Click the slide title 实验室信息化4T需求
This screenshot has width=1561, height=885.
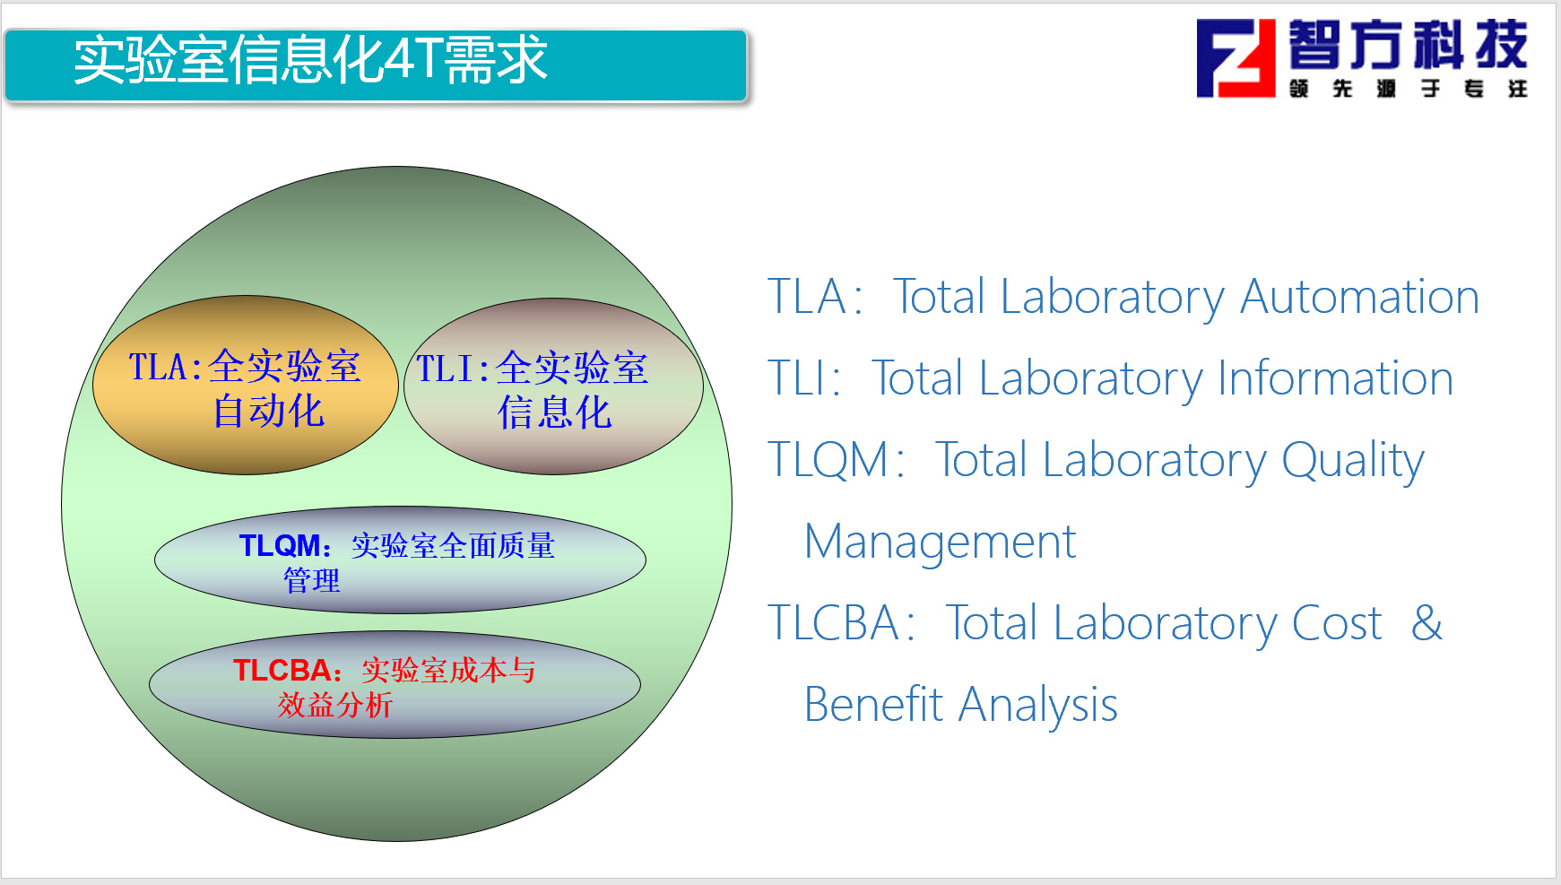point(310,60)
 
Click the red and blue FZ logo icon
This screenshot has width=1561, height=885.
point(1236,58)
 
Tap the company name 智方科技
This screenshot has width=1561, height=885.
point(1408,45)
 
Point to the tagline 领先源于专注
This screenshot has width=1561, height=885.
point(1408,89)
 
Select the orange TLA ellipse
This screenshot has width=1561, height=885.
point(246,386)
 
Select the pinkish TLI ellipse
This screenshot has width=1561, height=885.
point(553,386)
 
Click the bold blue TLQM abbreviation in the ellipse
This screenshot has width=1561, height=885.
point(280,545)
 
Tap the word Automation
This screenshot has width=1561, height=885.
point(1359,297)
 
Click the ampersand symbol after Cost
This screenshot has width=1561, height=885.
point(1427,623)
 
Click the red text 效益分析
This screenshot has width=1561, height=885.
point(335,705)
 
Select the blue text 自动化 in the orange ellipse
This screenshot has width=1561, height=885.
point(268,412)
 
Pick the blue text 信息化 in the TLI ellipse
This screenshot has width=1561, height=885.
point(555,413)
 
